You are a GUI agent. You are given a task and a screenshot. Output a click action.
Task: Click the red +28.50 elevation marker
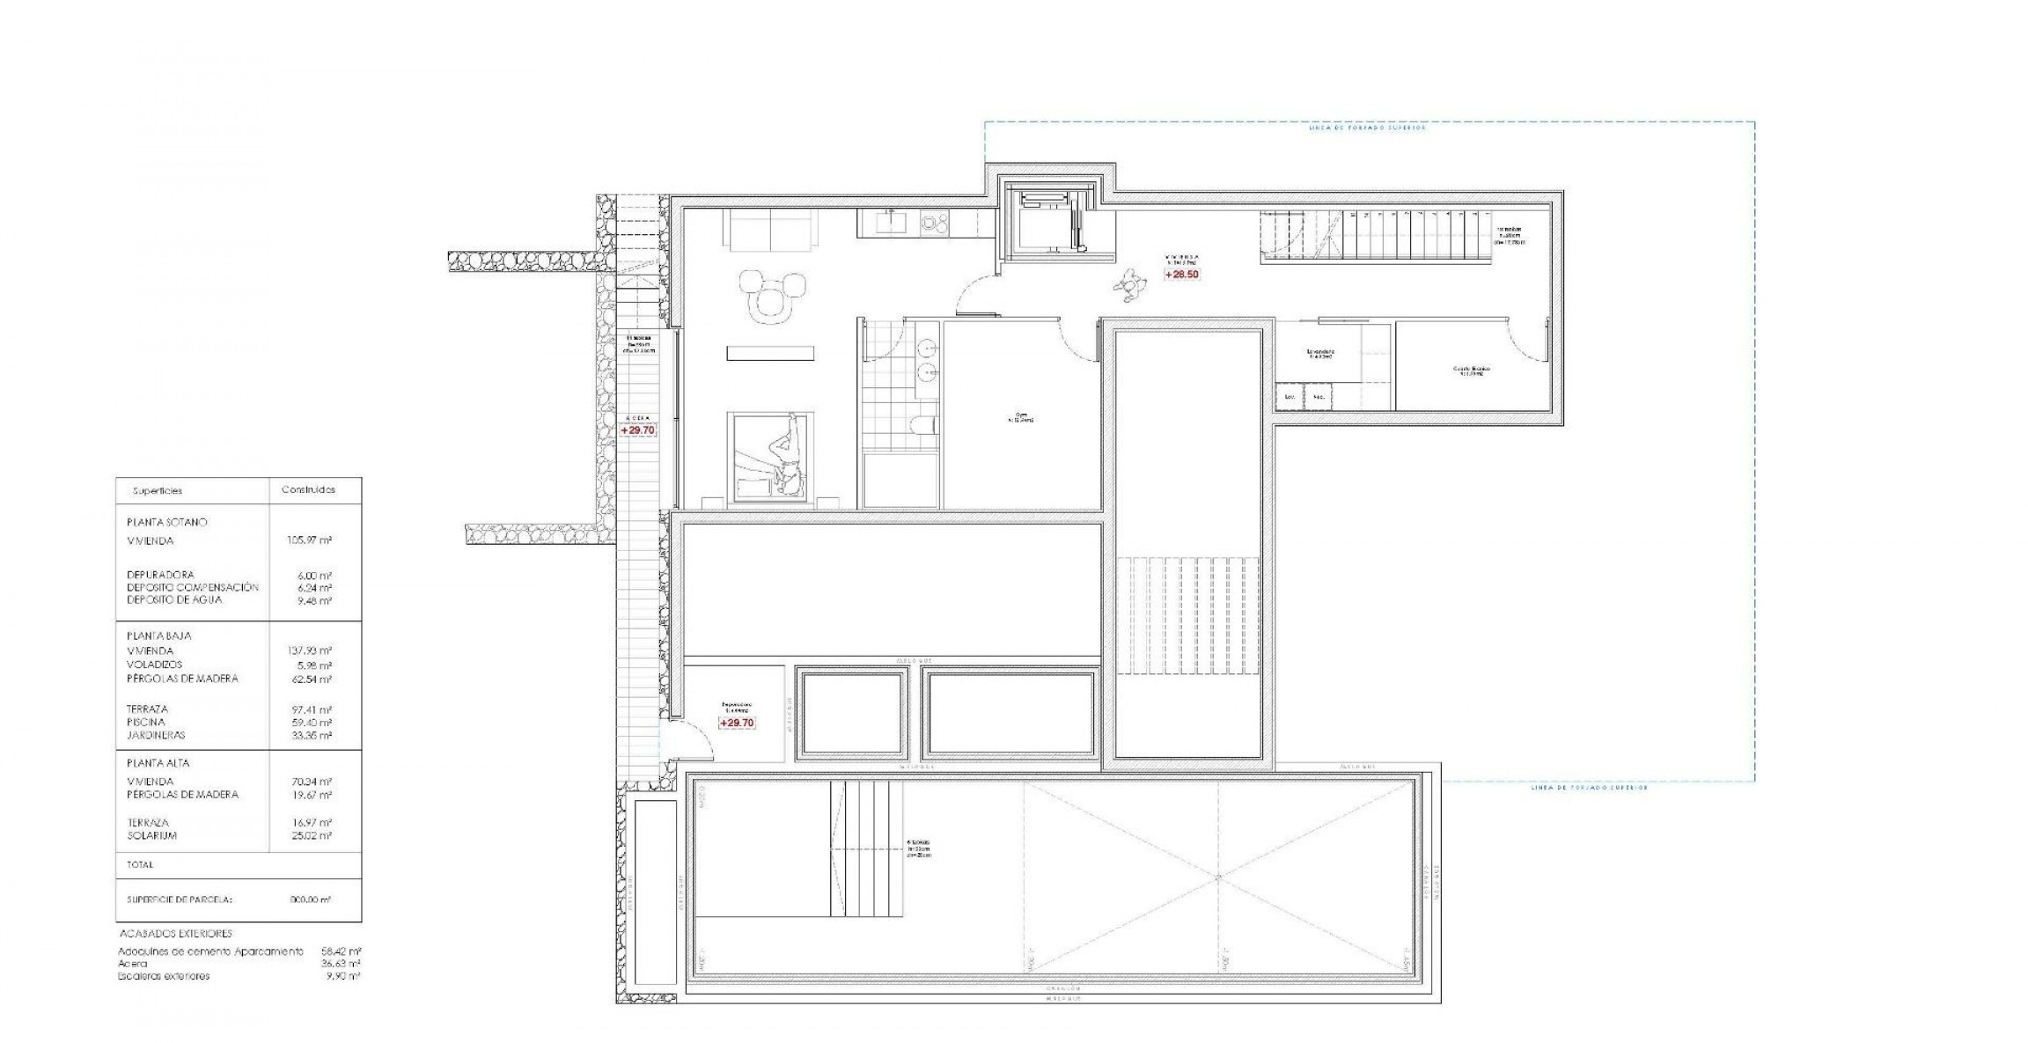(x=1181, y=275)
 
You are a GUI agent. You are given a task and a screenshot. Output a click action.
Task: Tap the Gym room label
(x=1021, y=418)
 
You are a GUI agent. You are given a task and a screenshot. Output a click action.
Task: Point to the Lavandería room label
(x=1320, y=354)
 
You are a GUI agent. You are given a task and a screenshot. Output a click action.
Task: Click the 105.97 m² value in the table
(x=314, y=540)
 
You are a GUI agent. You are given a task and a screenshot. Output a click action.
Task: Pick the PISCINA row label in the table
(x=145, y=723)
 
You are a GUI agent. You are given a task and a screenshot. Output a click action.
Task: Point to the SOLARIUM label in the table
(x=151, y=835)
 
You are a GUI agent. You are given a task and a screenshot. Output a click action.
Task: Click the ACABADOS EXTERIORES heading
(x=175, y=934)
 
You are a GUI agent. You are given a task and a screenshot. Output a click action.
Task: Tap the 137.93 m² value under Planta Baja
(x=314, y=651)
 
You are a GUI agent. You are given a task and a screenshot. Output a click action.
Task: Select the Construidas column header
(x=307, y=490)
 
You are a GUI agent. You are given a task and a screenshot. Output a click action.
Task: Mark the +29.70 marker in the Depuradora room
(x=737, y=723)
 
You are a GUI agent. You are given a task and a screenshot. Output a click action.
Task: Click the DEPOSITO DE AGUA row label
(x=174, y=600)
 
